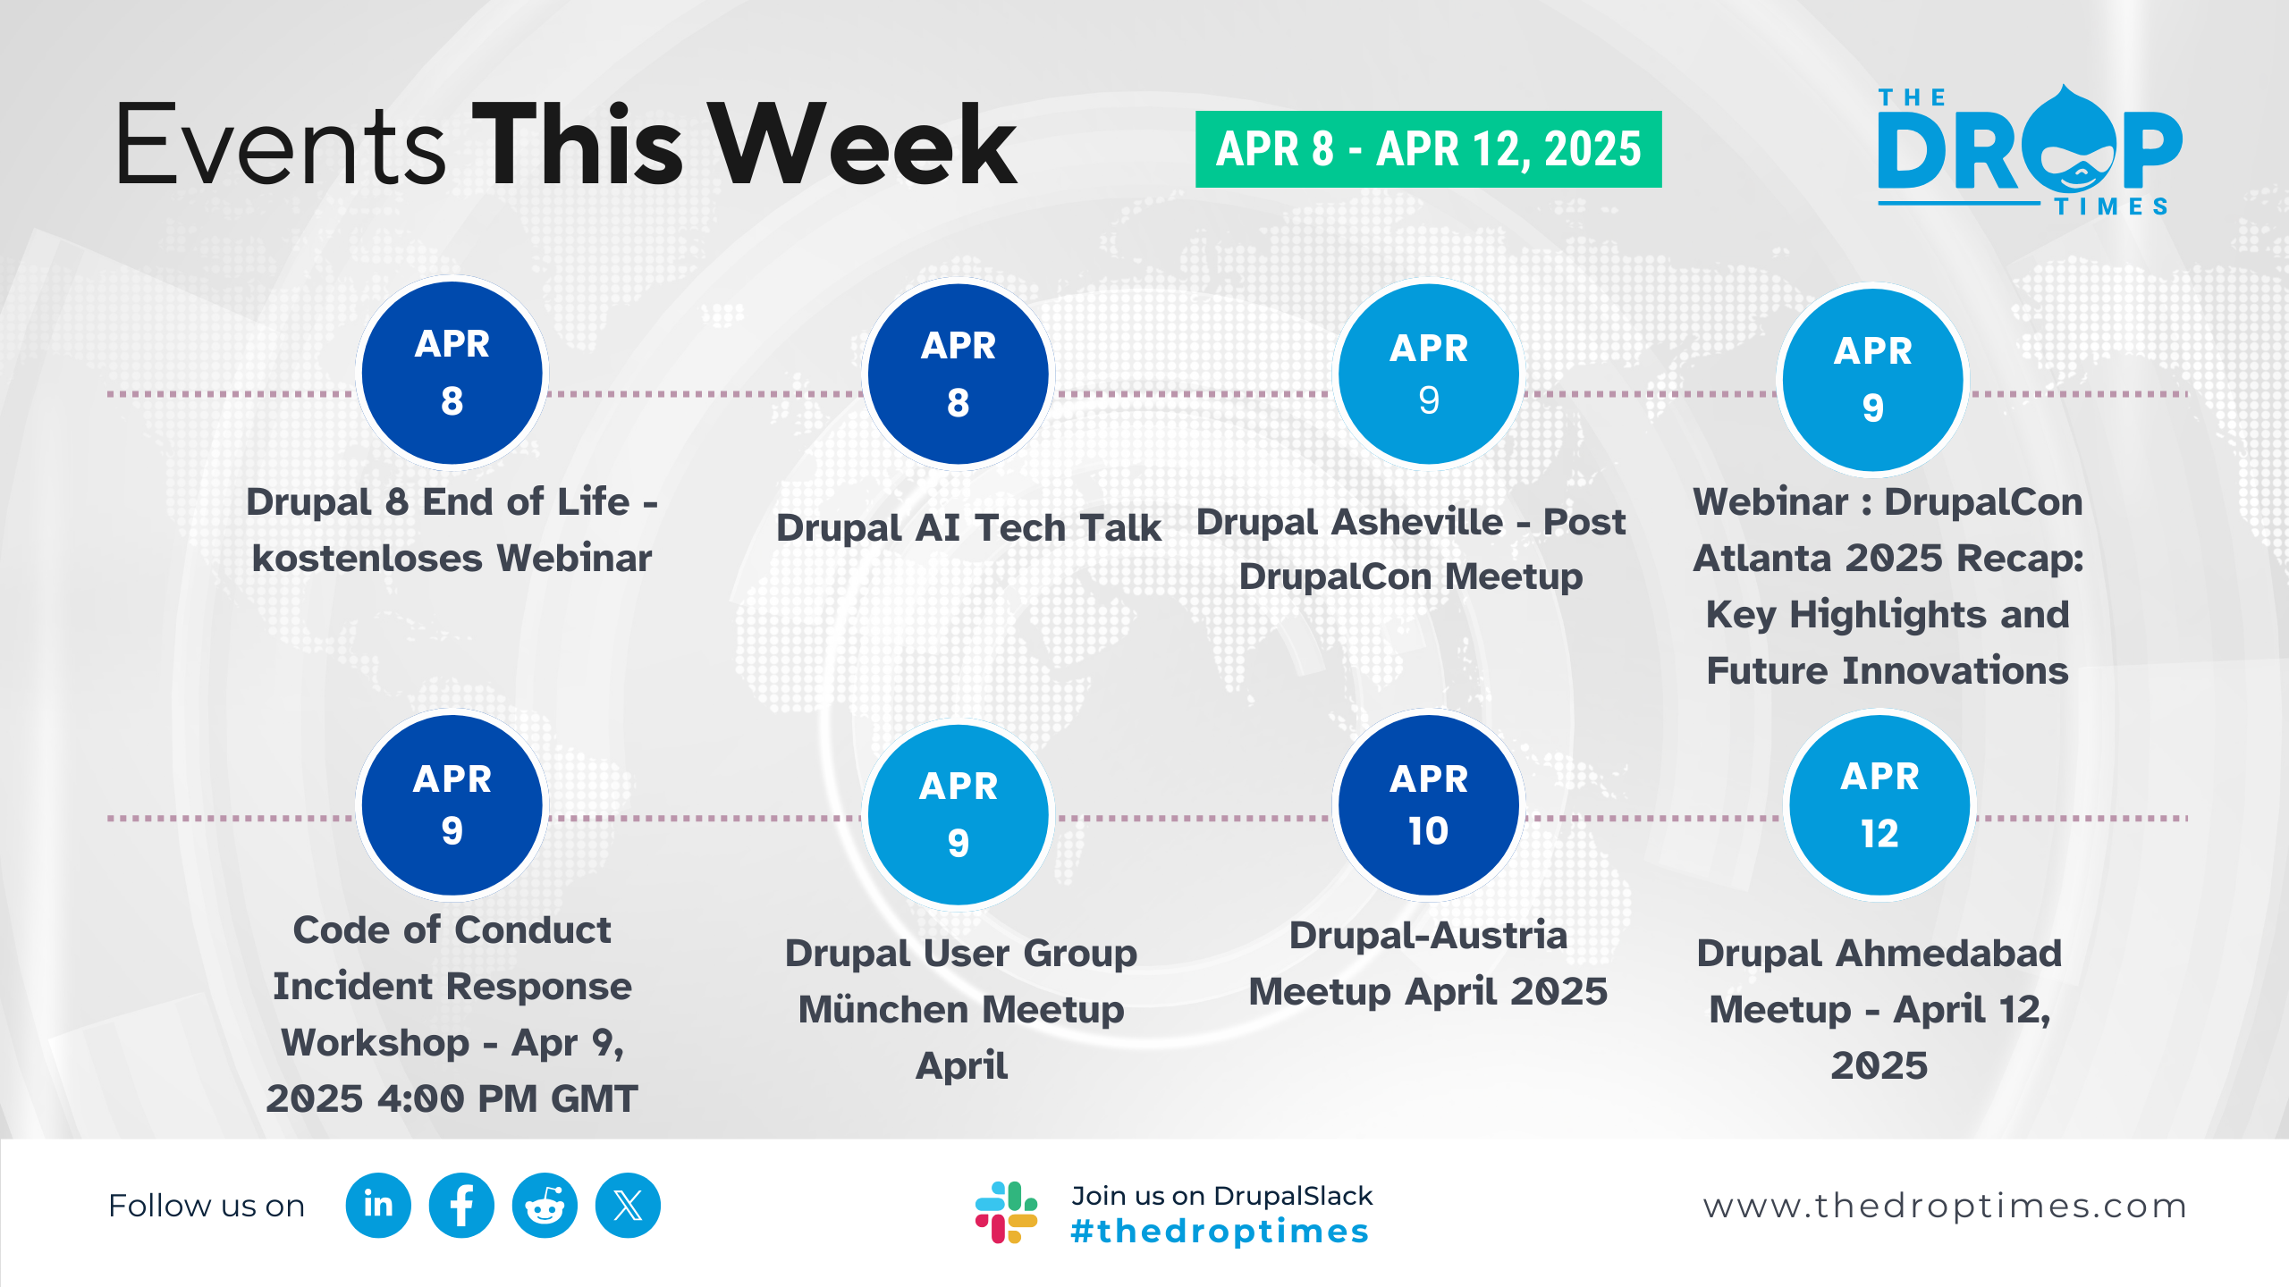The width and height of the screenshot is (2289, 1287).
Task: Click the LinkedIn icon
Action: (x=378, y=1206)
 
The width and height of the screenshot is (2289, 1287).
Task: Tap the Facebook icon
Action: (x=461, y=1206)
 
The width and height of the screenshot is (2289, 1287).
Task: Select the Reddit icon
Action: (x=545, y=1206)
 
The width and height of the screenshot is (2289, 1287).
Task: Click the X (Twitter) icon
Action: (x=628, y=1206)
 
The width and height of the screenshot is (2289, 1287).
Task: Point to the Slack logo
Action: (x=1006, y=1212)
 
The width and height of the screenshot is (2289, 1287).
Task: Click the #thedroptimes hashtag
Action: (x=1220, y=1232)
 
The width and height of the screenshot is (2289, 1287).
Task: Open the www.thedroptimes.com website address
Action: (x=1945, y=1207)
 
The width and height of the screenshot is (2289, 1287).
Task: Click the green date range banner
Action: (x=1428, y=149)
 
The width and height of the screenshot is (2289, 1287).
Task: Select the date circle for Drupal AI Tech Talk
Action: (x=958, y=374)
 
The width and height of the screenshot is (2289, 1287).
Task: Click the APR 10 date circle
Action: (x=1428, y=805)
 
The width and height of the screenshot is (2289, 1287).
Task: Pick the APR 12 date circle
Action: (x=1879, y=805)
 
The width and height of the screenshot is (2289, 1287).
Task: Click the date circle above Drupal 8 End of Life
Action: (x=452, y=373)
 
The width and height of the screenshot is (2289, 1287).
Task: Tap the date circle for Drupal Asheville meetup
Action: (x=1429, y=374)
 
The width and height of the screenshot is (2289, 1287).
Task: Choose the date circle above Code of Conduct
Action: (x=452, y=805)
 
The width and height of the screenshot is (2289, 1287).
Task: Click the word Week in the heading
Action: (x=865, y=145)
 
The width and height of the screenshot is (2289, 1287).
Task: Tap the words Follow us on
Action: (x=207, y=1207)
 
